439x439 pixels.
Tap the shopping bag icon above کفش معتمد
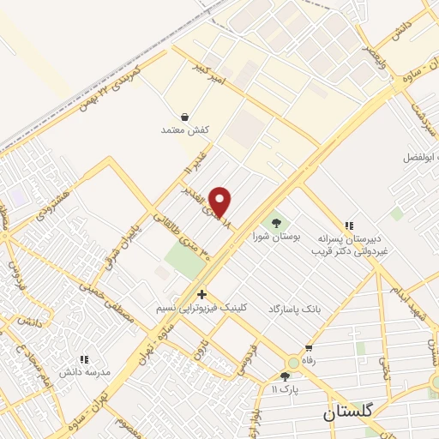tap(185, 117)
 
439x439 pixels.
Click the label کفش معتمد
tap(185, 129)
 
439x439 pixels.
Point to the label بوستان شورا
tap(274, 234)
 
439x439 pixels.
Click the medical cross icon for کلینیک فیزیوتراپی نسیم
tap(201, 294)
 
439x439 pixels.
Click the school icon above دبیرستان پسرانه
tap(349, 225)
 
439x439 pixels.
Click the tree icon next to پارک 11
tap(286, 377)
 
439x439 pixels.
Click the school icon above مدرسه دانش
tap(84, 360)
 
